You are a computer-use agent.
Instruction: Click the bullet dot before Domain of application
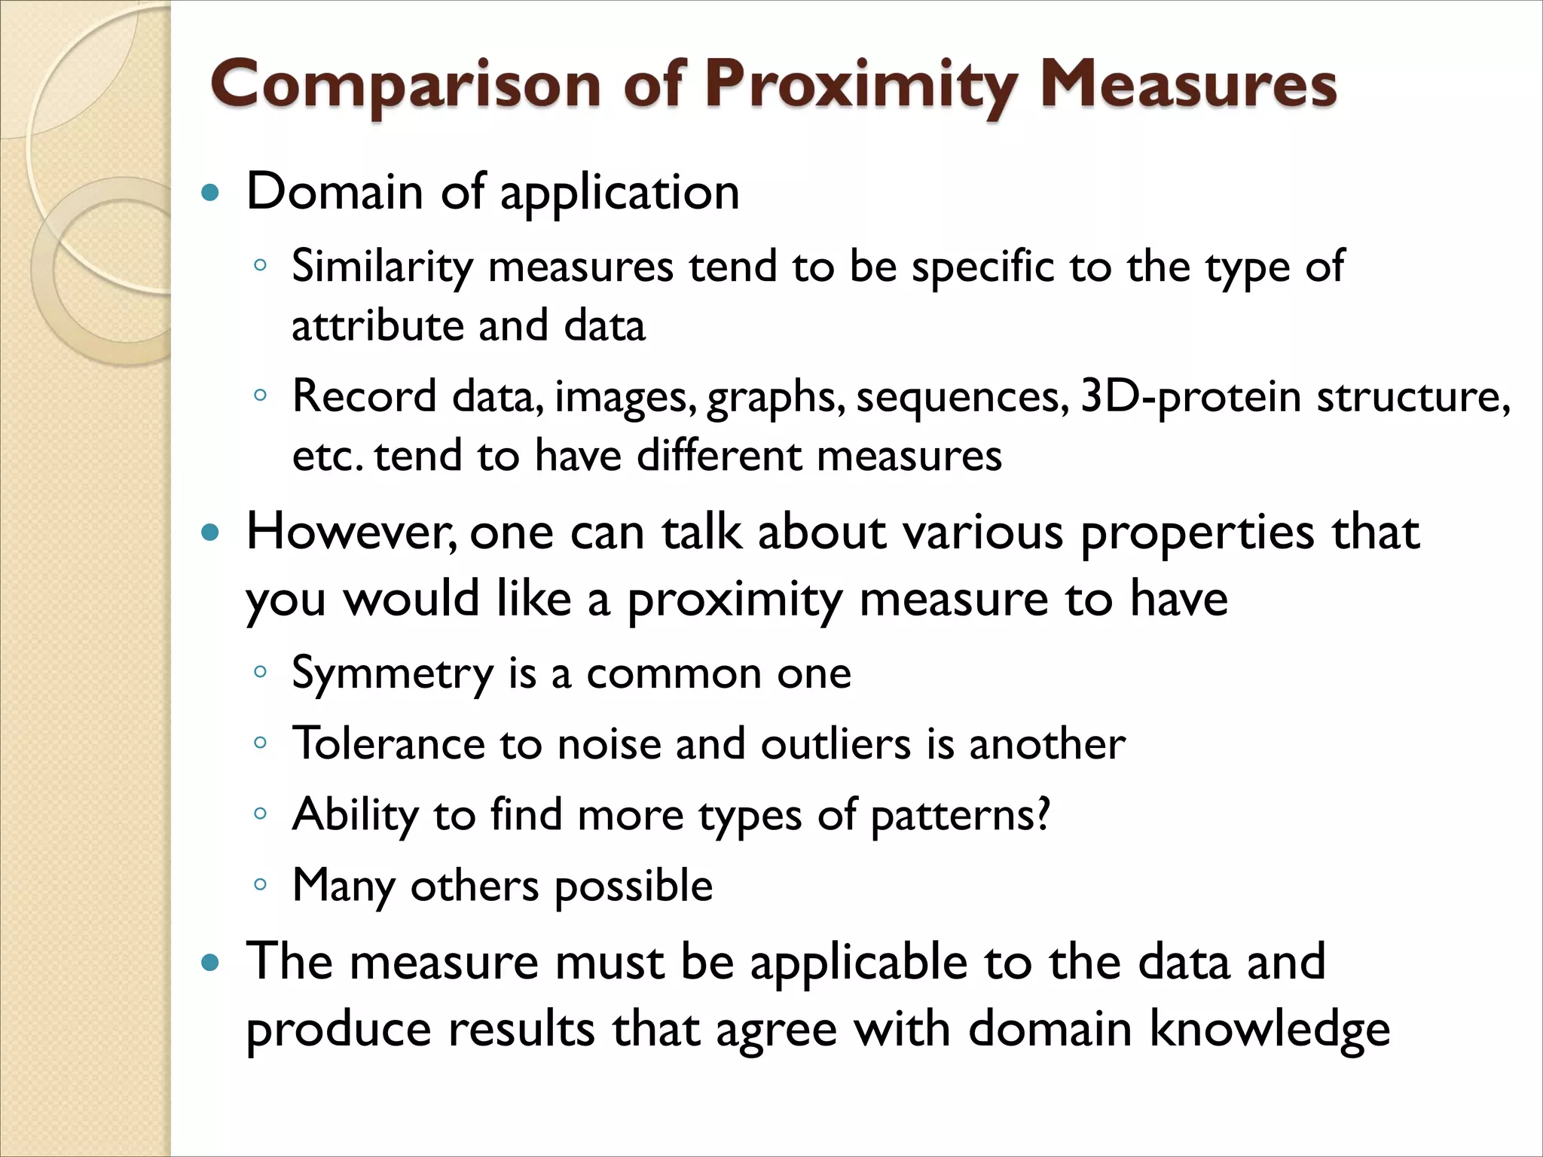click(x=211, y=194)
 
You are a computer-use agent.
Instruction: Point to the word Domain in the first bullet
click(x=335, y=191)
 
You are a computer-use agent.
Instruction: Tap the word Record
click(x=365, y=396)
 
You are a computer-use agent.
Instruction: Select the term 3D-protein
click(x=1190, y=398)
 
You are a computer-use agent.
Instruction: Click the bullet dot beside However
click(x=211, y=534)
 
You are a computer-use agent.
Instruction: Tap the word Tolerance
click(x=389, y=744)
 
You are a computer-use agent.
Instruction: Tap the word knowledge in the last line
click(x=1270, y=1030)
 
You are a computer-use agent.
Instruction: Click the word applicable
click(x=858, y=963)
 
